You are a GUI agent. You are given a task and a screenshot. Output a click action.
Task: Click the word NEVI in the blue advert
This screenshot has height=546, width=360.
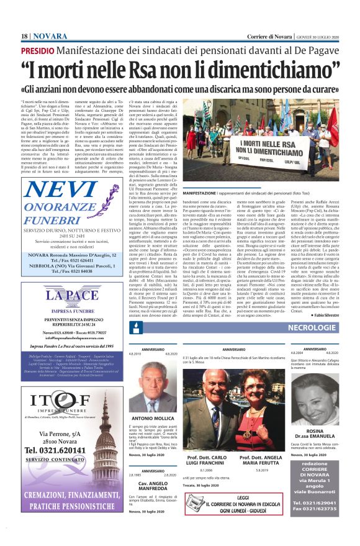pyautogui.click(x=70, y=190)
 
